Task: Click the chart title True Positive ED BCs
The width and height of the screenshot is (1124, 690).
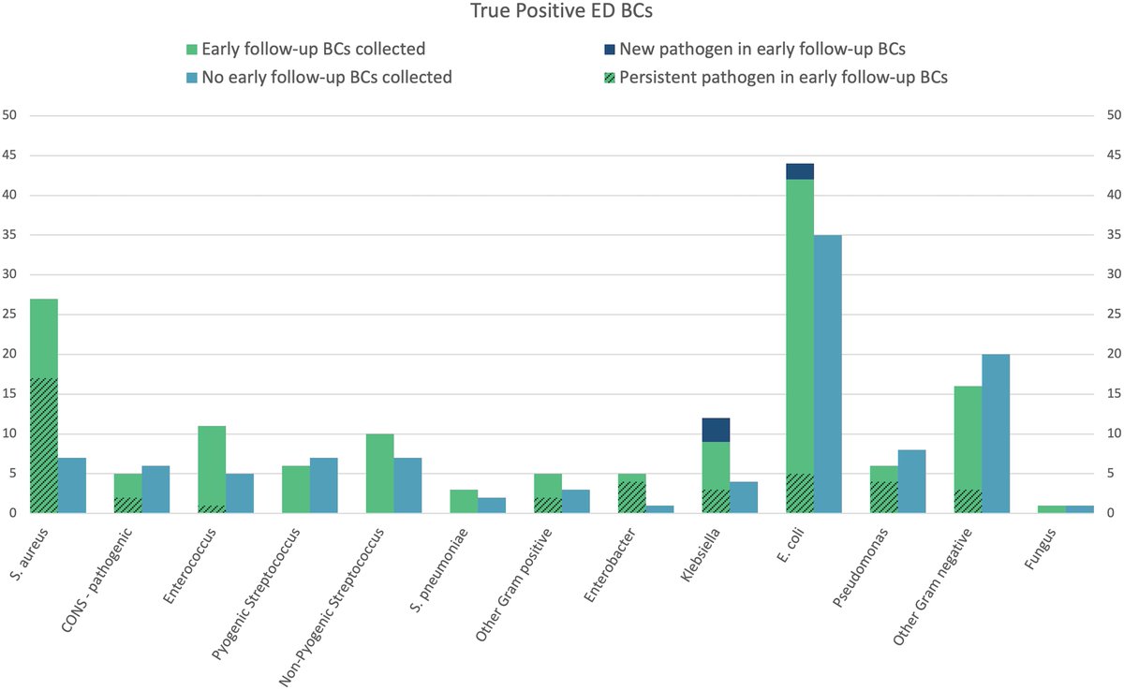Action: click(x=561, y=14)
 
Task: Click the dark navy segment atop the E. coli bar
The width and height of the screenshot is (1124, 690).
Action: click(x=800, y=171)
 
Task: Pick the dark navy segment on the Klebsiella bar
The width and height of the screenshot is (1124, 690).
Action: click(x=716, y=430)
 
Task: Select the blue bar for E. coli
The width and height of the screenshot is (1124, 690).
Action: click(x=828, y=374)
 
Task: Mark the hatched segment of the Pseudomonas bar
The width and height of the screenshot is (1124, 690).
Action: click(x=883, y=497)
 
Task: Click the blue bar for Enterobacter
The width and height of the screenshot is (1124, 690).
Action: click(x=660, y=509)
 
